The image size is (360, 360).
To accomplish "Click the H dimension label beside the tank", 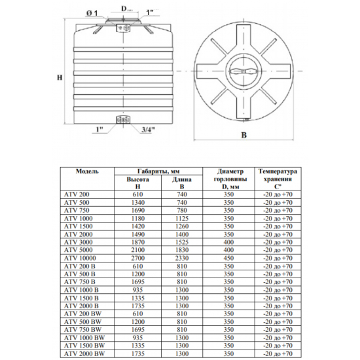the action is (x=60, y=78).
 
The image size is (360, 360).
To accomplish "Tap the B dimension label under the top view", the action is (x=244, y=135).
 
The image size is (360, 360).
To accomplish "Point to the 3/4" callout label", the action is (x=148, y=130).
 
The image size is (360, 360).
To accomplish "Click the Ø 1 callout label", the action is (x=92, y=13).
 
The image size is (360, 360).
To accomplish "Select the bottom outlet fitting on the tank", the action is (x=123, y=120).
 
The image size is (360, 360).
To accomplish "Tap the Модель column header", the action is (x=87, y=171).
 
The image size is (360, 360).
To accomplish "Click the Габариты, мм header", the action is (x=158, y=171).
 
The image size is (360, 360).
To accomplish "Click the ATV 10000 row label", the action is (x=80, y=258).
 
